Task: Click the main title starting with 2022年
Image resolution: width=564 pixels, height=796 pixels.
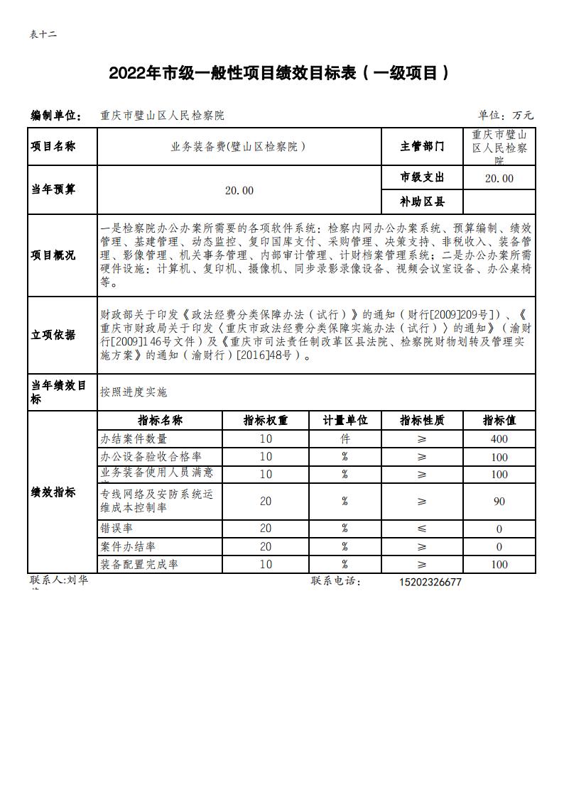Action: (x=279, y=73)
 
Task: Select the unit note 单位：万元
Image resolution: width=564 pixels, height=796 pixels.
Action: (x=505, y=115)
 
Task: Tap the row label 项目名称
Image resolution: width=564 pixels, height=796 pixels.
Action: (x=53, y=147)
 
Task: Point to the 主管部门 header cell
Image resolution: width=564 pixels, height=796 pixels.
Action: (x=422, y=147)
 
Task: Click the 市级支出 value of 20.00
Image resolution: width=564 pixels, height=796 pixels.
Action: (x=499, y=178)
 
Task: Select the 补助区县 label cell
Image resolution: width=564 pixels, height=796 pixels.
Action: (x=422, y=201)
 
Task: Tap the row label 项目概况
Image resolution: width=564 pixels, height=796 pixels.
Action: (x=53, y=255)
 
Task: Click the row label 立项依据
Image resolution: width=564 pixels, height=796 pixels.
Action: (x=53, y=335)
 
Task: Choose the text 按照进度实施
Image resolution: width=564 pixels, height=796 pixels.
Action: (x=134, y=392)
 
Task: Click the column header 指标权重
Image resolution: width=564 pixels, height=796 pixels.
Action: (x=266, y=420)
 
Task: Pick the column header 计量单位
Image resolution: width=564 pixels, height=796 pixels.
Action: (x=345, y=420)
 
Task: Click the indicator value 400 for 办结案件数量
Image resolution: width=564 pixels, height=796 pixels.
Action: (x=499, y=439)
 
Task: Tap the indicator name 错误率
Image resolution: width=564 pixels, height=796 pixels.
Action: (x=117, y=529)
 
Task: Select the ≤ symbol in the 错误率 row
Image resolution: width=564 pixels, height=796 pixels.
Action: (x=422, y=529)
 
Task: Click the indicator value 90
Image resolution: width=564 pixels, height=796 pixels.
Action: (x=499, y=502)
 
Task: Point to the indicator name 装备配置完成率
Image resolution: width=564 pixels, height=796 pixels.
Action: (x=139, y=565)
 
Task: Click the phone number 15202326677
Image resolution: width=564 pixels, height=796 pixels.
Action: (x=430, y=582)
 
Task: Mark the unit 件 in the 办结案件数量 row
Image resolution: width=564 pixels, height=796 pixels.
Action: (x=345, y=439)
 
